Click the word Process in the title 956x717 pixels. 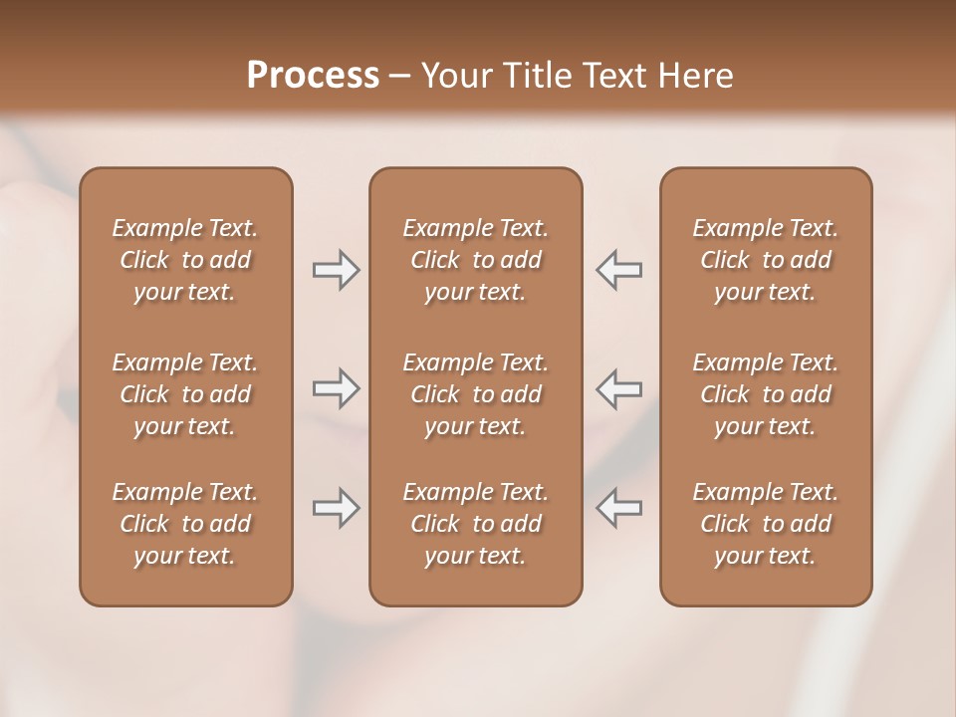[x=313, y=76]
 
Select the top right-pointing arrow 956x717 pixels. [x=336, y=270]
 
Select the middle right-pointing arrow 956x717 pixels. [x=336, y=388]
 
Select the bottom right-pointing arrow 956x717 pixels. [x=336, y=508]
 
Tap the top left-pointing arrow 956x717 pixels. [x=618, y=270]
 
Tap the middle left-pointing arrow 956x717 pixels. [x=618, y=388]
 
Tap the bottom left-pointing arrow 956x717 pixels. [x=618, y=508]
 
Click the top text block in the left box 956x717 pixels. [x=185, y=260]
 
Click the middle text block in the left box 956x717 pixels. [x=185, y=394]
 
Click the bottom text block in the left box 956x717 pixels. [x=185, y=524]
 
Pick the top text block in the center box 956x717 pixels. [x=475, y=260]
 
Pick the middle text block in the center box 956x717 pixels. [x=475, y=394]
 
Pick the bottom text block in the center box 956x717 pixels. [x=475, y=524]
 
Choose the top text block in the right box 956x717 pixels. [x=765, y=260]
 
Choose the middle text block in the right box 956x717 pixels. [x=765, y=394]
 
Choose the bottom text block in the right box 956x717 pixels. [x=765, y=524]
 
